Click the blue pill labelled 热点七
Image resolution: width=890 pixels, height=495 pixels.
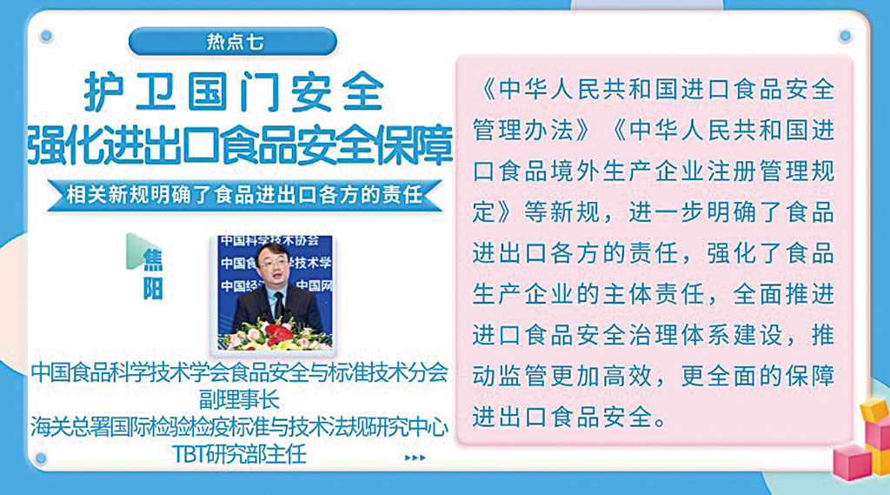233,42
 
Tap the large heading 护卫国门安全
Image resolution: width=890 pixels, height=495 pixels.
234,91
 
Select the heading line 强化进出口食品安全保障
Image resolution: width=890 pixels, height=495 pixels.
240,144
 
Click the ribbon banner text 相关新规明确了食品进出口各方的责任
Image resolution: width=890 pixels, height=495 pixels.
244,195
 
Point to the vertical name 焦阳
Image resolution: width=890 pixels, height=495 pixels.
153,274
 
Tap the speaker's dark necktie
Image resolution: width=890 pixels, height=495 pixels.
278,304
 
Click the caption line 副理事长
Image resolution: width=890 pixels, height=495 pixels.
239,399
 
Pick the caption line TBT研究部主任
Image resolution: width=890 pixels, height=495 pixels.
239,454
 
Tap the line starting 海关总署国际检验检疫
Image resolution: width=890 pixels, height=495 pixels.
239,427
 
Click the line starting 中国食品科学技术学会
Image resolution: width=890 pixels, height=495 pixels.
239,372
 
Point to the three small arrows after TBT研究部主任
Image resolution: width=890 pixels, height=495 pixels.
415,458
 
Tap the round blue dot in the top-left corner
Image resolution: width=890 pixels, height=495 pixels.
46,36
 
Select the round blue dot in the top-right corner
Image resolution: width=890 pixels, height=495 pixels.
845,36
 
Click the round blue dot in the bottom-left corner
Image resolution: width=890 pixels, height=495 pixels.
40,458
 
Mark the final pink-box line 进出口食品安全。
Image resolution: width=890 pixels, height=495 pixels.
569,418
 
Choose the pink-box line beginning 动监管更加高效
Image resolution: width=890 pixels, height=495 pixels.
654,376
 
